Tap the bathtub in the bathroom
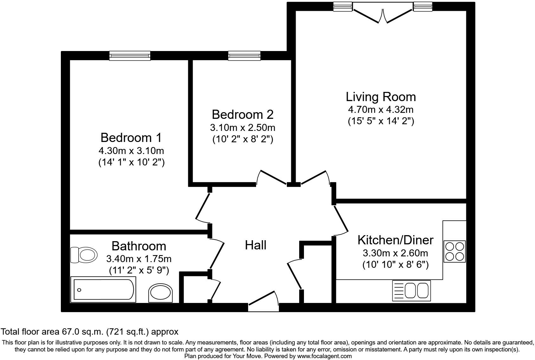[104, 289]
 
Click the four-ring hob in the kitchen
[454, 251]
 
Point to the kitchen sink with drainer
[411, 290]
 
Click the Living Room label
[381, 97]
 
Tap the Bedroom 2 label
[242, 114]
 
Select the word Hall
[255, 245]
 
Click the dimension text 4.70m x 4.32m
[381, 110]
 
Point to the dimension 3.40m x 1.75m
[139, 259]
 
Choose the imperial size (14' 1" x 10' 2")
[131, 162]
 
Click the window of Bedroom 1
[130, 56]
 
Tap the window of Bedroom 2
[244, 56]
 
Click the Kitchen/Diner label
[395, 240]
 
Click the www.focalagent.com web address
[325, 356]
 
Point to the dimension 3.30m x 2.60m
[395, 253]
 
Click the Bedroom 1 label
[131, 138]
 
